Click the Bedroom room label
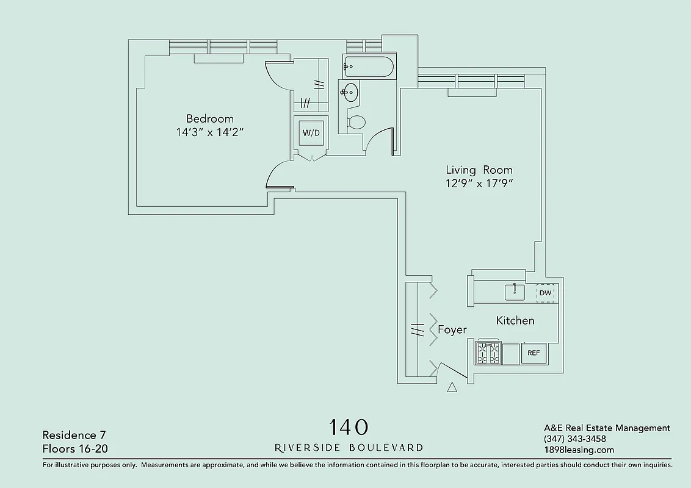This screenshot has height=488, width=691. point(209,119)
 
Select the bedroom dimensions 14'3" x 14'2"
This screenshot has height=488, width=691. point(209,132)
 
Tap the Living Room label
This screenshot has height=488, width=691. point(479,170)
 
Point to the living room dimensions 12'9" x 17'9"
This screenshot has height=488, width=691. point(479,184)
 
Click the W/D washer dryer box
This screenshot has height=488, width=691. point(311,133)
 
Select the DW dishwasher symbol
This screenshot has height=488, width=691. point(545,293)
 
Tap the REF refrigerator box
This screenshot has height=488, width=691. point(534,353)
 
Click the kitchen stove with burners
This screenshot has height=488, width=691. point(488,353)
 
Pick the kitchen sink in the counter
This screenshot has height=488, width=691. point(515,293)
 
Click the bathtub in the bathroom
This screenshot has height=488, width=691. point(368,66)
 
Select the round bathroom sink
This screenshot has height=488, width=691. point(350,93)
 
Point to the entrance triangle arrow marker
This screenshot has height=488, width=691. point(452,387)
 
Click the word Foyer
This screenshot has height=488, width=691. point(452,330)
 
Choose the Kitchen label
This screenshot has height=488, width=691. point(515,321)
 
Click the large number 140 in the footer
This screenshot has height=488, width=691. point(349,426)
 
